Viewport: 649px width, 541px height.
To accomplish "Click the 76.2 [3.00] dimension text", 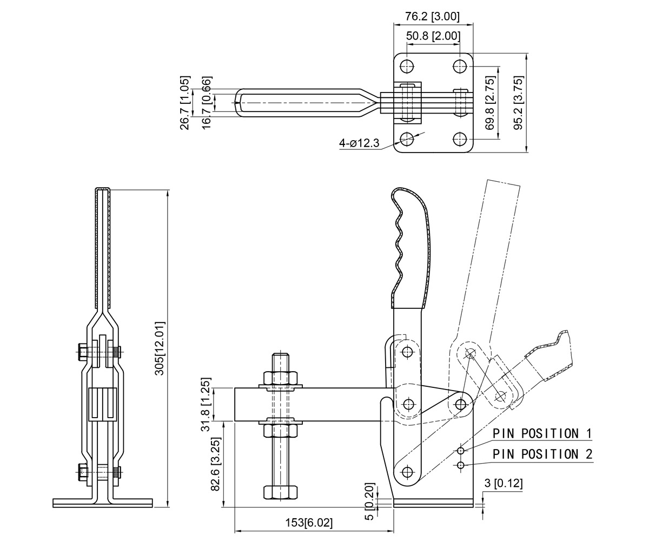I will click(433, 16).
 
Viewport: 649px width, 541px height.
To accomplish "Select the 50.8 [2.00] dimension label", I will click(433, 36).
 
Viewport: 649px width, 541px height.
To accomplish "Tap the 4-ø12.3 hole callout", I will click(359, 143).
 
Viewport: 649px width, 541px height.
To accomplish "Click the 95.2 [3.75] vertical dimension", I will click(519, 103).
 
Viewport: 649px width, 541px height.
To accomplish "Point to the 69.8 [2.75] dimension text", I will click(491, 103).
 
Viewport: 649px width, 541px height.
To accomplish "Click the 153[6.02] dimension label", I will click(309, 523).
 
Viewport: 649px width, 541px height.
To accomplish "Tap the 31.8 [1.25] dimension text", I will click(206, 404).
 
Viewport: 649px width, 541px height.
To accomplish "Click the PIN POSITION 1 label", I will click(542, 433).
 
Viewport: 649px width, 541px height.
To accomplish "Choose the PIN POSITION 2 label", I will click(542, 454).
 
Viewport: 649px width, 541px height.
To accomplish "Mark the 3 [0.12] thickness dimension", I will click(503, 483).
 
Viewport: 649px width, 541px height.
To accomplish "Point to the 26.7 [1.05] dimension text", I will click(185, 103).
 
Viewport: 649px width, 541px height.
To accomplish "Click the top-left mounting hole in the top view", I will click(407, 67).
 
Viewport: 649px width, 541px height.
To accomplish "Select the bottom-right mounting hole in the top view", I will click(460, 138).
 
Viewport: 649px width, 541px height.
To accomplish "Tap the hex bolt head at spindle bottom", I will click(281, 492).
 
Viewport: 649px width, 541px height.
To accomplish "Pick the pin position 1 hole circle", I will click(460, 451).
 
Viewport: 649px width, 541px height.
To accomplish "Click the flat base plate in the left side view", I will click(103, 503).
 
